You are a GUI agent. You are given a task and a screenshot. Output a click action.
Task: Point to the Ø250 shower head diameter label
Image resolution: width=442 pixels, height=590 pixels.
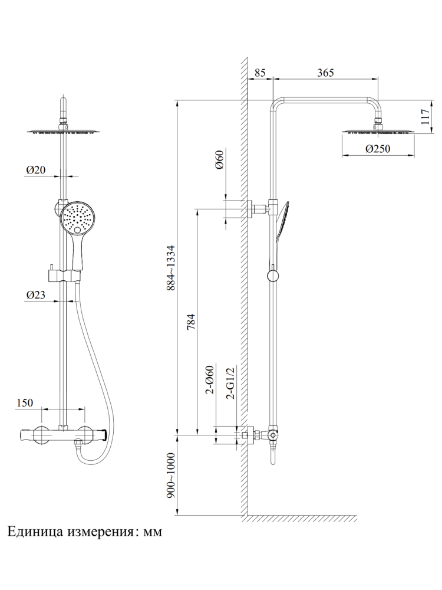point(377,149)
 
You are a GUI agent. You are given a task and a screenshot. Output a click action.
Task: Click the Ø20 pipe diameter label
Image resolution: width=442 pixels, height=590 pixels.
point(36,170)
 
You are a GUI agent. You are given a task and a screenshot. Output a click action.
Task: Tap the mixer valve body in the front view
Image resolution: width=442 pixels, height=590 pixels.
point(62,435)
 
